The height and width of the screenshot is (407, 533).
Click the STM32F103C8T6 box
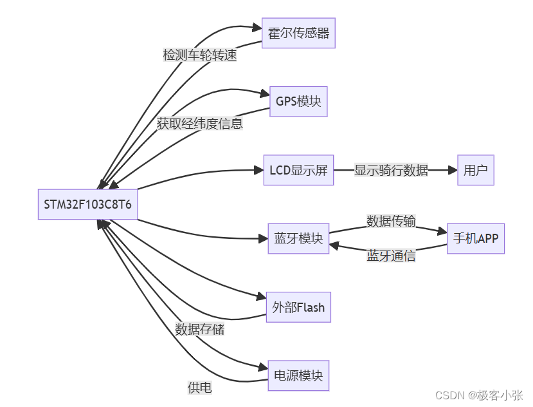87,204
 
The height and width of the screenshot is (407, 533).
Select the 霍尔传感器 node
298,33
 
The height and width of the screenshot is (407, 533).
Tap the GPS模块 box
298,102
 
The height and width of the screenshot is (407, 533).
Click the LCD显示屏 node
298,170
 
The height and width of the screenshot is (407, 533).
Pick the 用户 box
476,170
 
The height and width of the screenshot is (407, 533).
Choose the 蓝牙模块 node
298,238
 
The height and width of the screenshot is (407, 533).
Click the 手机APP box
476,238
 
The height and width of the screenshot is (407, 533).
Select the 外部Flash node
298,307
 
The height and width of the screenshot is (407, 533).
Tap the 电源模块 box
298,375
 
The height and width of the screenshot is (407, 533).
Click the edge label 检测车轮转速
200,55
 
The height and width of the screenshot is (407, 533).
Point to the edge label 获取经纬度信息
200,124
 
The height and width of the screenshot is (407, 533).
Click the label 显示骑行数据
391,170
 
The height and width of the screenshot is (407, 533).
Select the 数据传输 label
391,222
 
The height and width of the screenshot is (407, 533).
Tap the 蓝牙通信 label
391,256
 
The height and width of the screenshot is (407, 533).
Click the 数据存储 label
200,329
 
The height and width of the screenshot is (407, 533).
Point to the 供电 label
199,388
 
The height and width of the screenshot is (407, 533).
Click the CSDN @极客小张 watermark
480,395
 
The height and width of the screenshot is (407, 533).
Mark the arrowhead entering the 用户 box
452,170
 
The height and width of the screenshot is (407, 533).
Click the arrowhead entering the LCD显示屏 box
258,170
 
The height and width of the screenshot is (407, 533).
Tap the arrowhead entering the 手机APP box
442,230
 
